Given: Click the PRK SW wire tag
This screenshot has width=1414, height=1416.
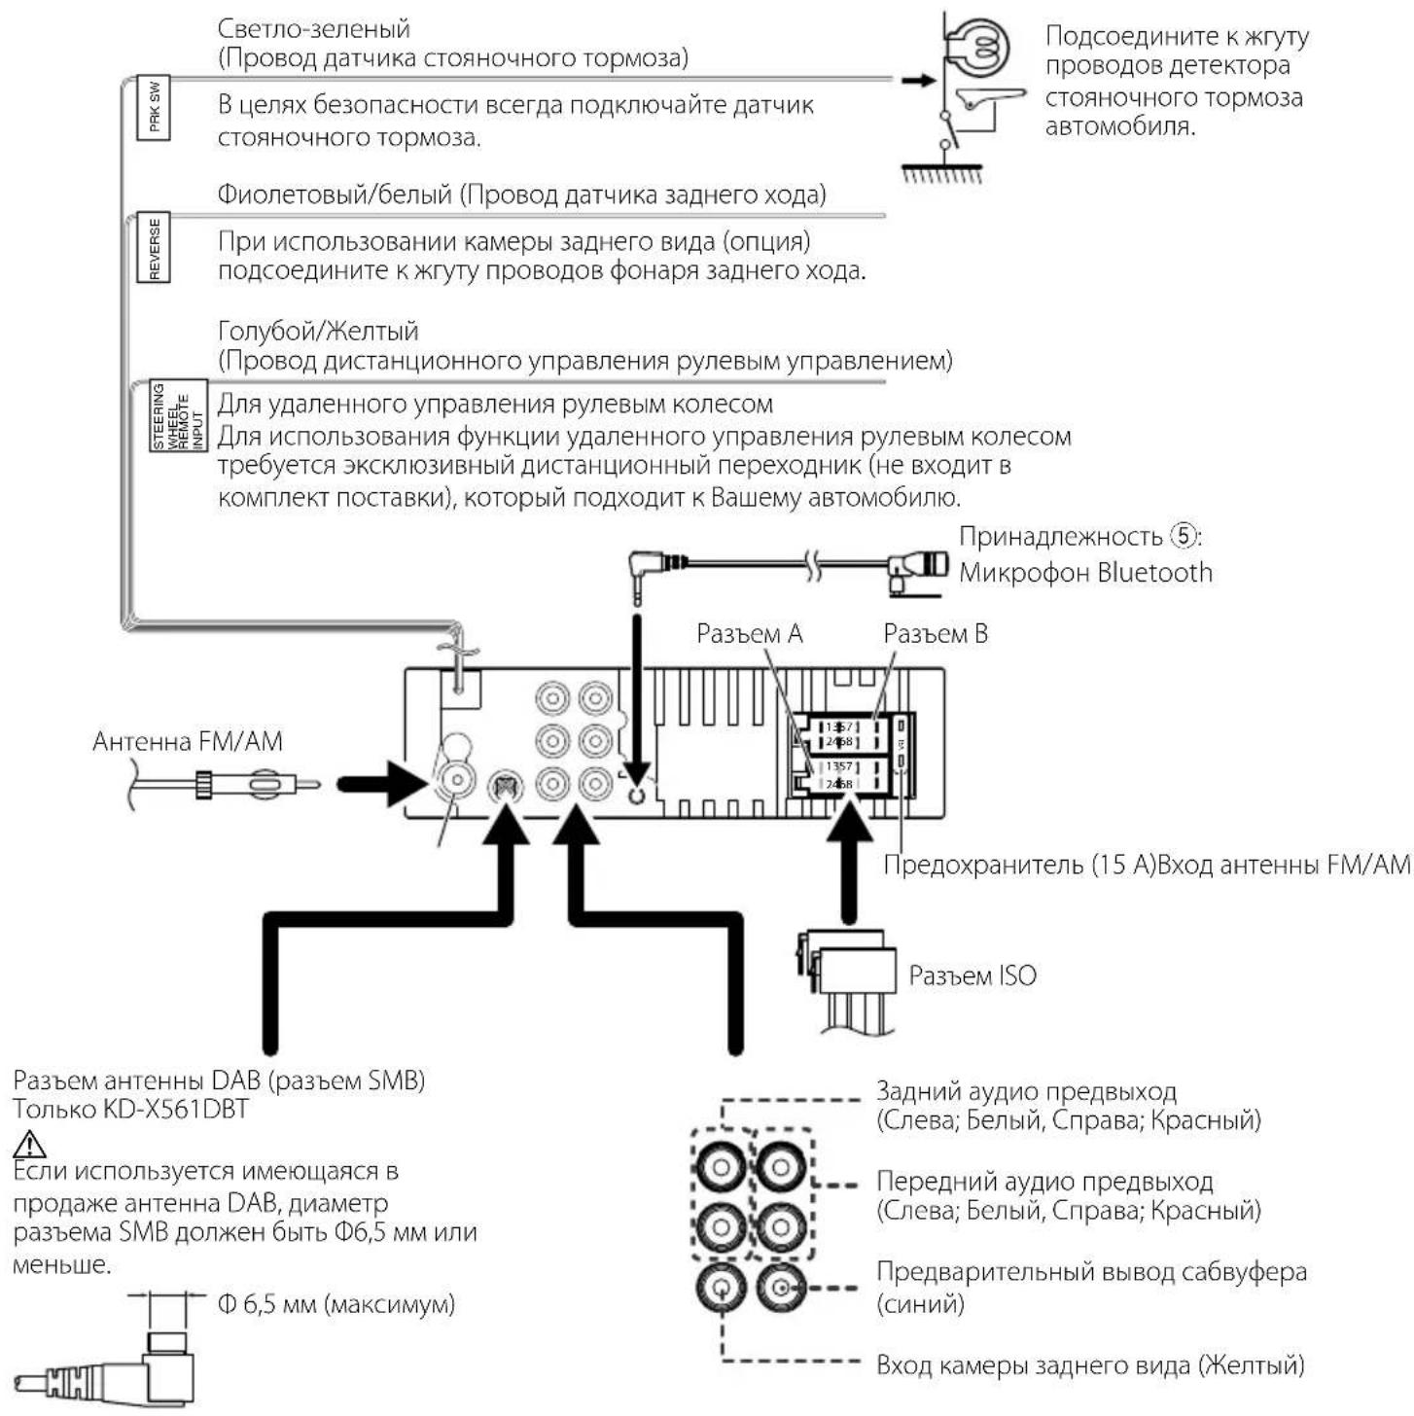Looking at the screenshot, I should pos(155,107).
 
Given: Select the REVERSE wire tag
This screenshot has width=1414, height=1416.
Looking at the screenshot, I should pos(154,248).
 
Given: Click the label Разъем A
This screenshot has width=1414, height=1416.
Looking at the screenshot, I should pos(749,634).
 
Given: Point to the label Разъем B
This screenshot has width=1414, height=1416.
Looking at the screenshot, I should pos(935,634).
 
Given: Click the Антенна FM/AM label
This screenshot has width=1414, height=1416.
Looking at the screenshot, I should pos(187,742).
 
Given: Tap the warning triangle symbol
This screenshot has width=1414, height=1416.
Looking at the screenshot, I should pos(30,1144).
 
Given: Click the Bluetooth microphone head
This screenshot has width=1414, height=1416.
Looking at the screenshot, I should pos(919,566).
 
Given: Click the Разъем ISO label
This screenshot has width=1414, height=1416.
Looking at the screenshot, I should pos(972,975).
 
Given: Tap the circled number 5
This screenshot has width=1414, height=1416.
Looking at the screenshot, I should pos(1182,536).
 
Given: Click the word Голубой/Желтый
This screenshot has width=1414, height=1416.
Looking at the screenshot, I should pos(317,331).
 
